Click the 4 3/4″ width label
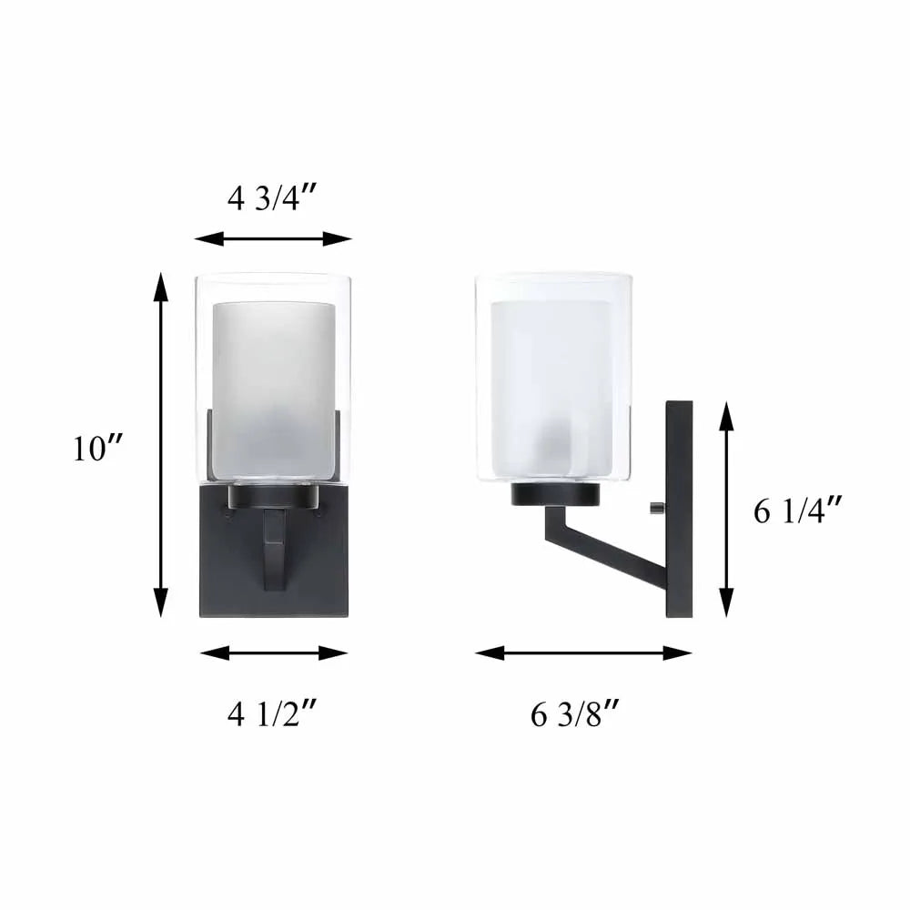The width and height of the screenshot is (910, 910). (x=272, y=197)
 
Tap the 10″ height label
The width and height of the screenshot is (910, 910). (x=99, y=449)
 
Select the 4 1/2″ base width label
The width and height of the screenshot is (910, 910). (x=272, y=716)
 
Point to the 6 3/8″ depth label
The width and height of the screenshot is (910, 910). (x=575, y=716)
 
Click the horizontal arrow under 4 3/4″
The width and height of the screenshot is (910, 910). (x=272, y=238)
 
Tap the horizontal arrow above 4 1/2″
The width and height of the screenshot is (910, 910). (x=273, y=652)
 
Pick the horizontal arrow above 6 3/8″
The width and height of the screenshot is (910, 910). (x=583, y=652)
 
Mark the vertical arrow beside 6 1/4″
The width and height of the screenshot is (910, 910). (x=726, y=510)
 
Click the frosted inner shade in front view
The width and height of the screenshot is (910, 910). (x=272, y=382)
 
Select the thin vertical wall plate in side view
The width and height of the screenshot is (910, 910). (x=680, y=510)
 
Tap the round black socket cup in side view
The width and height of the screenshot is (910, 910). (x=556, y=494)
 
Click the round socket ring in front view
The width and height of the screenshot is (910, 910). (x=273, y=495)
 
